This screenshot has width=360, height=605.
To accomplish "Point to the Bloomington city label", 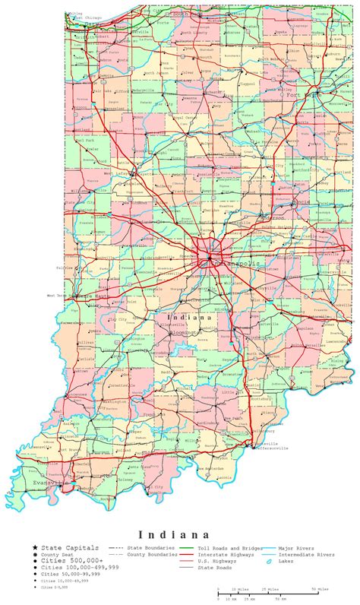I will pos(185,332).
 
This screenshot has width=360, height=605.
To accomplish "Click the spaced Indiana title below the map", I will pos(179,534).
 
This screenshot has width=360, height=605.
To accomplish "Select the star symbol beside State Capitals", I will pos(34,547).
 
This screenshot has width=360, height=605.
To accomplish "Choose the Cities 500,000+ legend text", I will pos(65,561).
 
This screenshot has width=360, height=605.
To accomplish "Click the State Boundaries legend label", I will pos(152,547).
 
